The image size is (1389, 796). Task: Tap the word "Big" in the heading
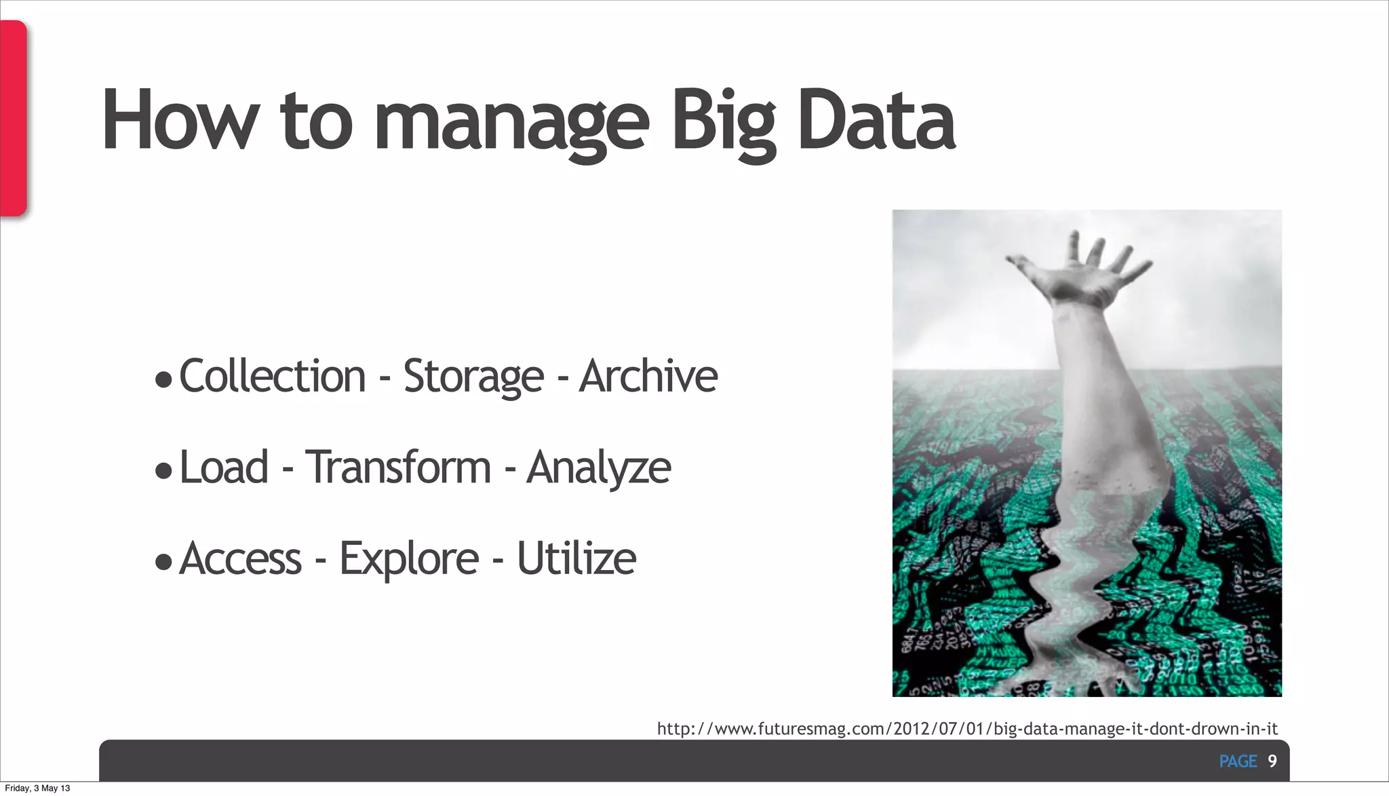click(x=723, y=122)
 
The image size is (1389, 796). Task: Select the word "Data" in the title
click(x=876, y=122)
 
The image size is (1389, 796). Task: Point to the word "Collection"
click(x=273, y=376)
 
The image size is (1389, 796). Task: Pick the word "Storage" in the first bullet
click(x=473, y=376)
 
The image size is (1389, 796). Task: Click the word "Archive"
click(x=648, y=376)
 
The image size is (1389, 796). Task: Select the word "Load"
click(x=224, y=468)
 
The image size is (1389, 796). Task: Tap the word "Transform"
click(x=398, y=468)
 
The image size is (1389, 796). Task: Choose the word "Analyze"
click(x=599, y=468)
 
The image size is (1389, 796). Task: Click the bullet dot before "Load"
click(x=163, y=470)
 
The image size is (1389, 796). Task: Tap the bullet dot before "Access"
click(x=163, y=561)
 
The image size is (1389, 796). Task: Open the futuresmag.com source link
click(x=967, y=729)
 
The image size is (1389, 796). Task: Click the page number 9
click(x=1272, y=761)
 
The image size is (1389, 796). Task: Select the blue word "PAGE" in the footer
click(x=1238, y=761)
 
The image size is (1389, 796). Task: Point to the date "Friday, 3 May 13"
click(x=37, y=788)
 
